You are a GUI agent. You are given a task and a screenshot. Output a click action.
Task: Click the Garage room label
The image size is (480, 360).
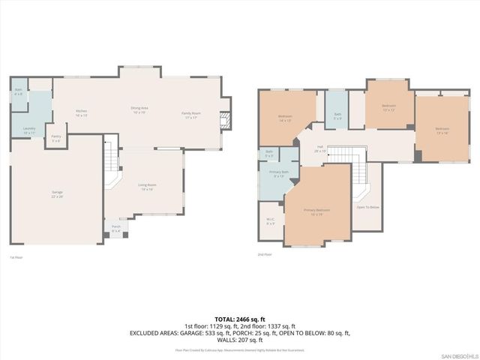(57, 194)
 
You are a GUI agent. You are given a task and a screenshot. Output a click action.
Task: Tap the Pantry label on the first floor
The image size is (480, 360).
(56, 138)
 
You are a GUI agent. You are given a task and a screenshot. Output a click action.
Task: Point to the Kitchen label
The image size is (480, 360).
(82, 114)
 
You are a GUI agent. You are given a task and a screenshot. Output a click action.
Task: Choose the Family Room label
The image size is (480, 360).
(190, 115)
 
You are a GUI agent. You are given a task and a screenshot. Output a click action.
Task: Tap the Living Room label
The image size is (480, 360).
(145, 187)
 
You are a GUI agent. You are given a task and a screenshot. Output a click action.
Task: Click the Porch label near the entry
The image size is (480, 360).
(116, 228)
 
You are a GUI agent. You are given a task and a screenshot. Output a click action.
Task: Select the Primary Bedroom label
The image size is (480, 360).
(317, 211)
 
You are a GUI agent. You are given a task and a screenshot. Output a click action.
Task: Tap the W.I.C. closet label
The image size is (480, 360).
(271, 221)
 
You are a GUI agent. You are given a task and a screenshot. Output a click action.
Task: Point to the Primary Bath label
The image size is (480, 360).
(278, 174)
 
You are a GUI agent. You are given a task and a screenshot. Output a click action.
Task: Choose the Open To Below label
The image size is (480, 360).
(367, 207)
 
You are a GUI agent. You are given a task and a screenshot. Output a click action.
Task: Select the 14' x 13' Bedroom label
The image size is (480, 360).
(285, 118)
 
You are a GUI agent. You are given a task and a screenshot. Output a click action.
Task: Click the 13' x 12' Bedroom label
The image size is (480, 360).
(388, 107)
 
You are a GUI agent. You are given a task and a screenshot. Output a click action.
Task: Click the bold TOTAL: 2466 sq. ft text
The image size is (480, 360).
(239, 319)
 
